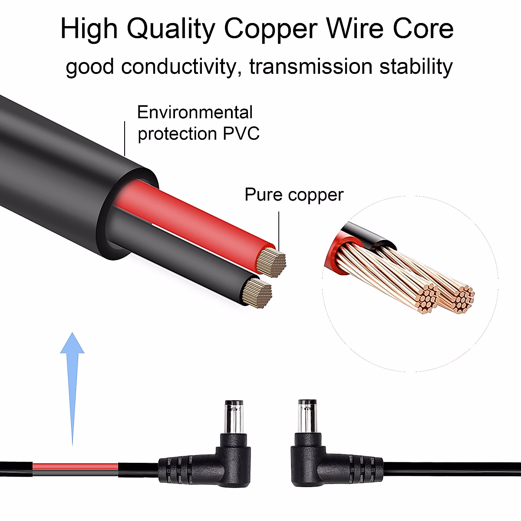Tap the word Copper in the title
(270, 29)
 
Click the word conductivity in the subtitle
(178, 67)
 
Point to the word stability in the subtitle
(416, 67)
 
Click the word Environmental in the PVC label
(195, 112)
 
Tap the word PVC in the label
(241, 133)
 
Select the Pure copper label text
(294, 195)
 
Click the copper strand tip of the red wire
(271, 262)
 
